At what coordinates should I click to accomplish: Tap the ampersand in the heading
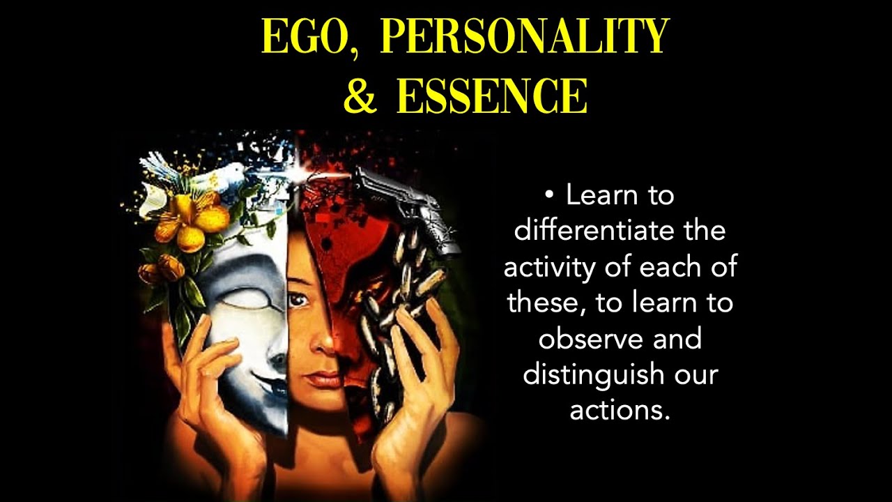360,97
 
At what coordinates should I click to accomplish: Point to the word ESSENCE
492,97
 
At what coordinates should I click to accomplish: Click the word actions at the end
620,410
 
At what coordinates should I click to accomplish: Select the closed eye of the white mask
247,293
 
